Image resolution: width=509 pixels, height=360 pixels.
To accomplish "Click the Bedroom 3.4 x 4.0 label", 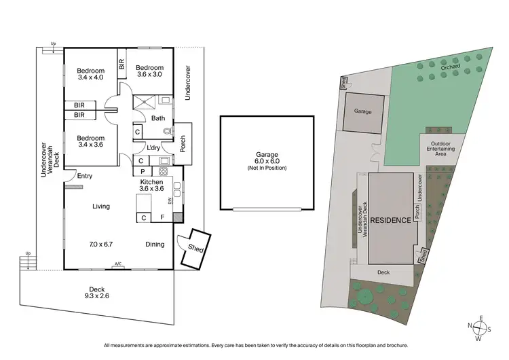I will [90, 74].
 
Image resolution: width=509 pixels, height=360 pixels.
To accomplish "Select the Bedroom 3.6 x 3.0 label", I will [149, 71].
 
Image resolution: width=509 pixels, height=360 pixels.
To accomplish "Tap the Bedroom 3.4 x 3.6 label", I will [90, 140].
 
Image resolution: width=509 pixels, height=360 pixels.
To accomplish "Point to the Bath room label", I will [157, 118].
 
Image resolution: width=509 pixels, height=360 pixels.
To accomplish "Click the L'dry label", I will [153, 147].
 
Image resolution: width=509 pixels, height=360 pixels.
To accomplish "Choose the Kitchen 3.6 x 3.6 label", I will [152, 185].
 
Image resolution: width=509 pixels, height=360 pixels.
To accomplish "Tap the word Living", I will [101, 206].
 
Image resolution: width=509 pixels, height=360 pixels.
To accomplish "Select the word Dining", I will [155, 244].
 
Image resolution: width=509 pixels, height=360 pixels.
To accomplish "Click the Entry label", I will [85, 176].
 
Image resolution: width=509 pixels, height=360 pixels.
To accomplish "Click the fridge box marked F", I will [162, 218].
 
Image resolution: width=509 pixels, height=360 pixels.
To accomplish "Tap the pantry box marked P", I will [143, 172].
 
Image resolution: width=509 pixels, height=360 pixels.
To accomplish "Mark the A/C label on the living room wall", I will [118, 264].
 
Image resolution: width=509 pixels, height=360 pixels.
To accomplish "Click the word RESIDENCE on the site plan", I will [390, 220].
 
